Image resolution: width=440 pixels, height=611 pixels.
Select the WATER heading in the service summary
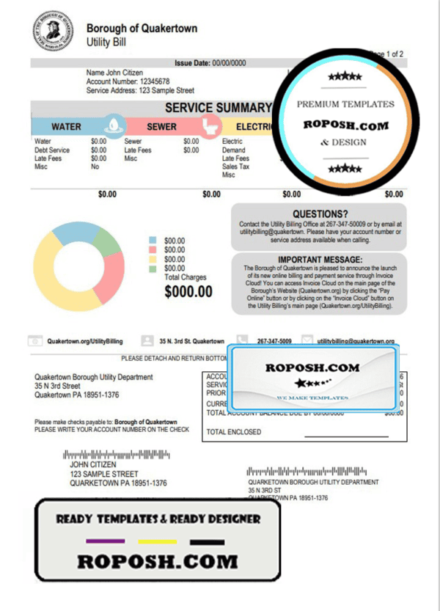tap(66, 127)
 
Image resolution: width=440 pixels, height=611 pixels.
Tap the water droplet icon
tap(112, 125)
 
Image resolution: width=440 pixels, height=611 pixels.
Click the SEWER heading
tap(161, 127)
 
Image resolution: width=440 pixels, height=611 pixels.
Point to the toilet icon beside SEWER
tap(210, 125)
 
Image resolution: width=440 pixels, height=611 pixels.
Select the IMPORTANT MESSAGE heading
tap(320, 260)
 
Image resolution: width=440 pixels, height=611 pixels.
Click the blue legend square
tap(153, 241)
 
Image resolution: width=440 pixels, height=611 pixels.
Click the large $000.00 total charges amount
tap(188, 292)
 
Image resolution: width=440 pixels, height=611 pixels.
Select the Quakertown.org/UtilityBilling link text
tap(85, 342)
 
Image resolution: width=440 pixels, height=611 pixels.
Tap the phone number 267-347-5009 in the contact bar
tap(274, 342)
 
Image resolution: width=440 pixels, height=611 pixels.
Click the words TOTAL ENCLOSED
tap(234, 432)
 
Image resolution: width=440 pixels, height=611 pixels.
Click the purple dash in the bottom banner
tap(100, 542)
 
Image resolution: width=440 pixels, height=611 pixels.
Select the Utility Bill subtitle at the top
tap(106, 43)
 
